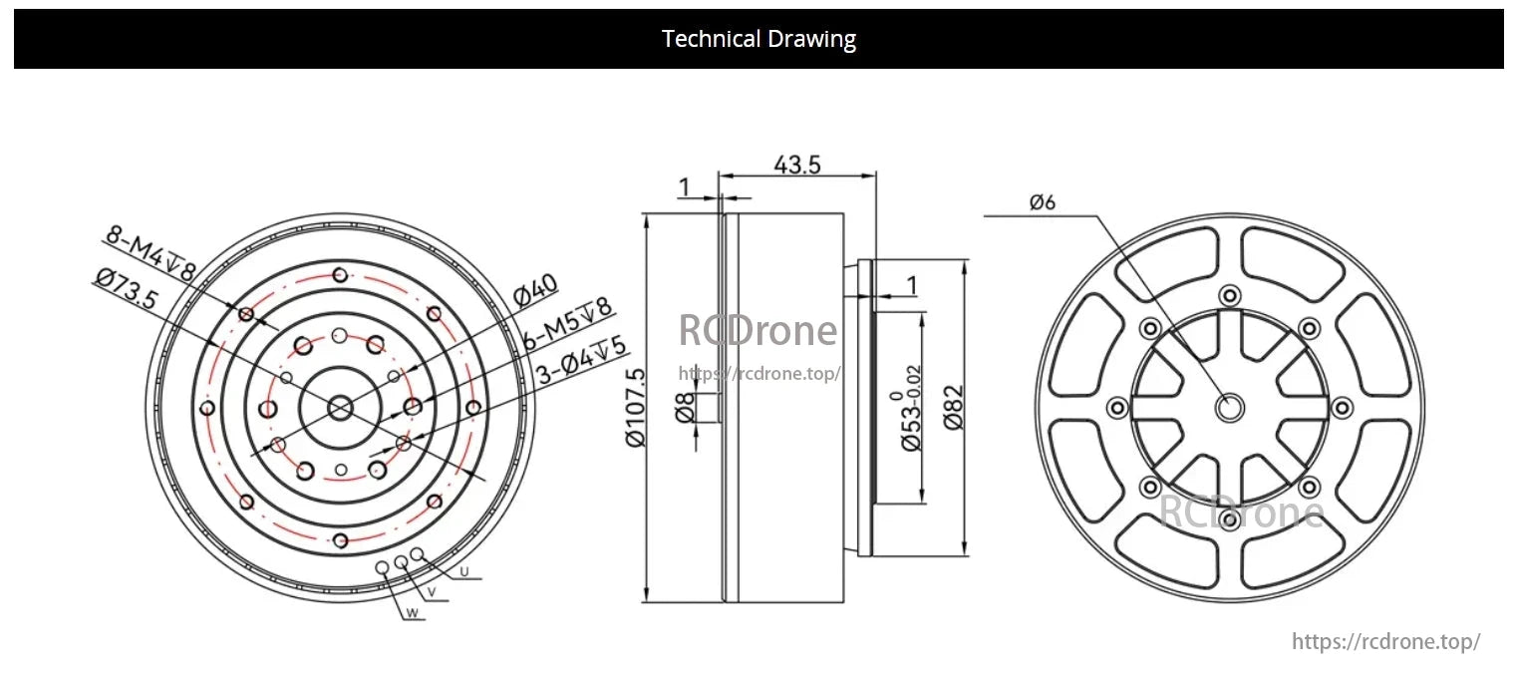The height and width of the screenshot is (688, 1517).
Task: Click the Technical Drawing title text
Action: tap(758, 39)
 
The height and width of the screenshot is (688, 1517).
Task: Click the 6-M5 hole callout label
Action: tap(566, 325)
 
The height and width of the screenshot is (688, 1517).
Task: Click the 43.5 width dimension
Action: tap(797, 166)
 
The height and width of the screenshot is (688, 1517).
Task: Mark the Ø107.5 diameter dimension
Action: tap(636, 408)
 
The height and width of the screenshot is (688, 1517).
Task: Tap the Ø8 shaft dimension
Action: tap(685, 408)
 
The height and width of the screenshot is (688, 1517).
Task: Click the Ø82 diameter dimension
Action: tap(951, 407)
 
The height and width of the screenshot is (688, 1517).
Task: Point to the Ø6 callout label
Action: tap(1043, 202)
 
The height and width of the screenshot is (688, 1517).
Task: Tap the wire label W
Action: tap(411, 614)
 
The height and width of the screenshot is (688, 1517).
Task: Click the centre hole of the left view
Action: tap(340, 407)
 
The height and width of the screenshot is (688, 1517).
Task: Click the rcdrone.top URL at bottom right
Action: tap(1385, 641)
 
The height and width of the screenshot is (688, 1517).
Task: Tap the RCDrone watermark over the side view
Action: tap(758, 331)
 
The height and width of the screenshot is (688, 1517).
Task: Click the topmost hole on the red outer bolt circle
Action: tap(341, 274)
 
